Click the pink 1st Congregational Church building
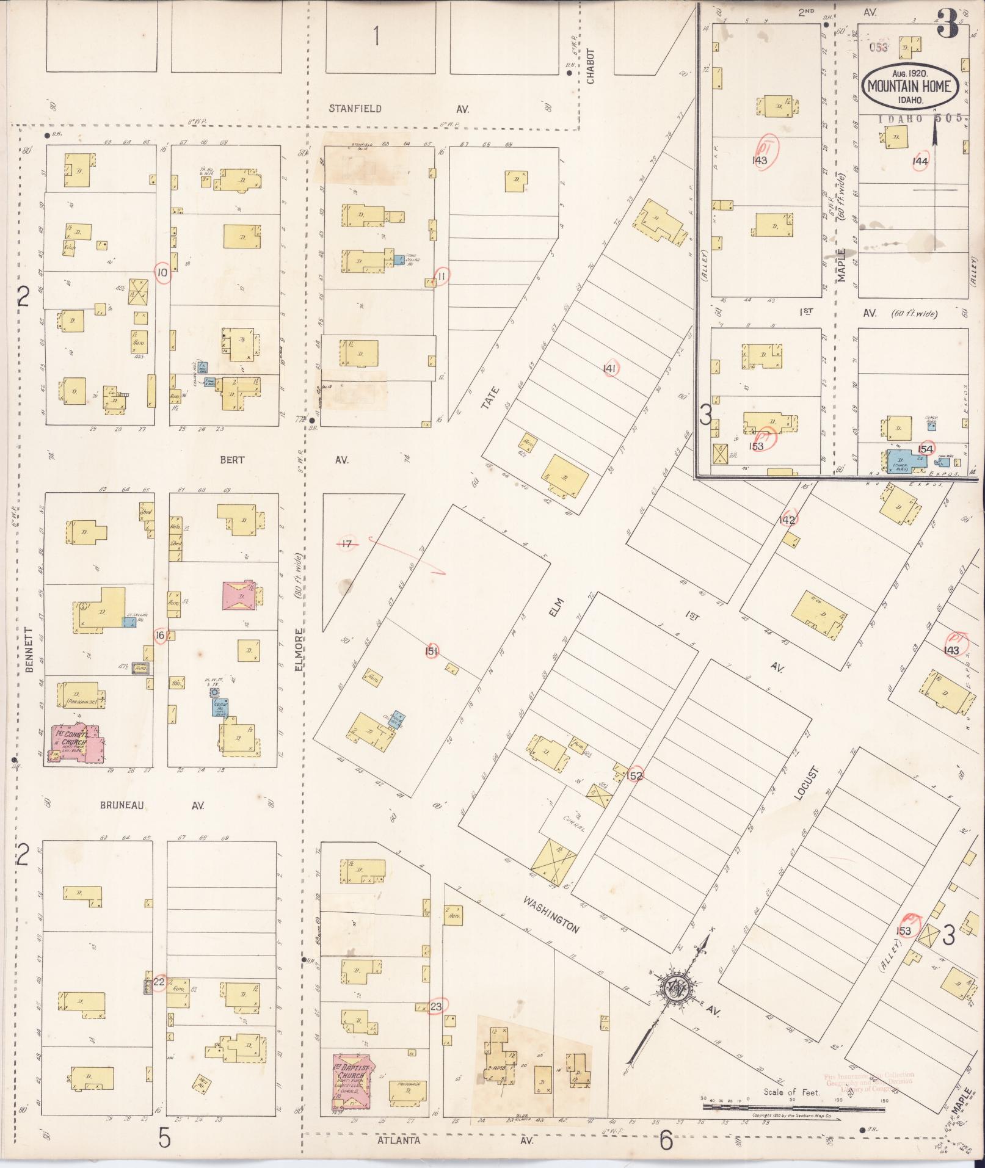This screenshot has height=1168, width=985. click(x=78, y=743)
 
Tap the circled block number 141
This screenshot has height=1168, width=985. click(x=609, y=368)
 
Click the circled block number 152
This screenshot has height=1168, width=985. click(x=634, y=775)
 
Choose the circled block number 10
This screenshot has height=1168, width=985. click(x=162, y=273)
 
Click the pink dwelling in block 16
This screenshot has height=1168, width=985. click(x=242, y=594)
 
